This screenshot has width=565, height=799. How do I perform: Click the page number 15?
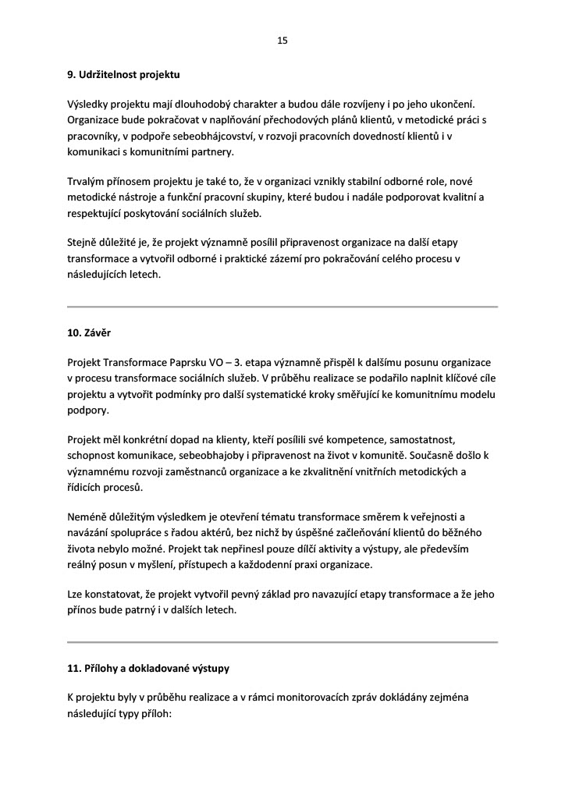(282, 41)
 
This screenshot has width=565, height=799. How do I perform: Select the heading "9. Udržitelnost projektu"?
(123, 76)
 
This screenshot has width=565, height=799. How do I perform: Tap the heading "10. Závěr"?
(88, 333)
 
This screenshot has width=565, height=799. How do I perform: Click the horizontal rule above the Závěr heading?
(282, 307)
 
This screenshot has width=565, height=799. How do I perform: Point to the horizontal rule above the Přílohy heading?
(282, 641)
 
